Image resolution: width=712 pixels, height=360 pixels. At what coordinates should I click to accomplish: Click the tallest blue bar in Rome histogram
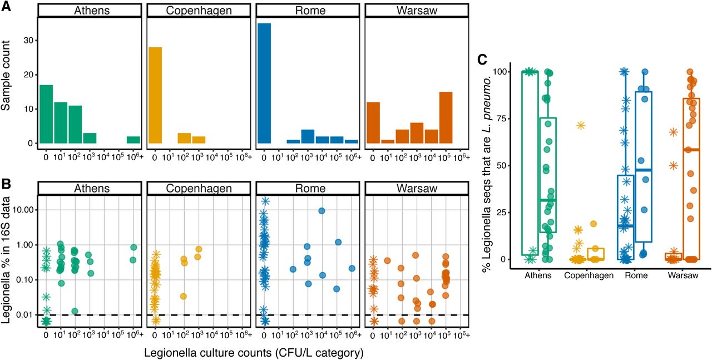tap(264, 83)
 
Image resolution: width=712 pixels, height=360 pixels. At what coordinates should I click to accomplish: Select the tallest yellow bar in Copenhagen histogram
tap(155, 95)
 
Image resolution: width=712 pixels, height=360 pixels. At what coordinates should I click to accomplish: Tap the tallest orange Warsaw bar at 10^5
tap(446, 117)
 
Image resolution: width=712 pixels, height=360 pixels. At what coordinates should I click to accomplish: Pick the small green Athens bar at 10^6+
tap(133, 140)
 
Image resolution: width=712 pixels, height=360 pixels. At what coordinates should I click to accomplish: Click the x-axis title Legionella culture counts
tap(254, 352)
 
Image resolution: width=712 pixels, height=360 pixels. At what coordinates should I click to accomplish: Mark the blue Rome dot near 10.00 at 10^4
tap(322, 210)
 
